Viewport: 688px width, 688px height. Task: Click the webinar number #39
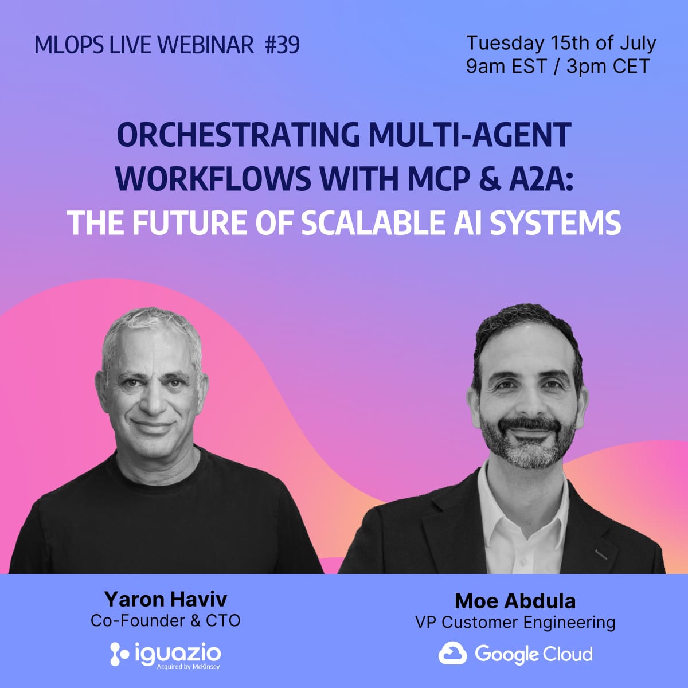[x=283, y=45]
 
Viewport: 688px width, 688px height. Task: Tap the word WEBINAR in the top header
[x=205, y=45]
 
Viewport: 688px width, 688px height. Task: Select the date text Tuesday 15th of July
[x=561, y=43]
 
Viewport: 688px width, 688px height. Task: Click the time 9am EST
[x=507, y=67]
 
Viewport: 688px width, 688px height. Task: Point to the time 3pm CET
[x=608, y=67]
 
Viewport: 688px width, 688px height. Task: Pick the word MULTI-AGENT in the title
[x=470, y=135]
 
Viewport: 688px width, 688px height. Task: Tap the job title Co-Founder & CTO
[x=165, y=621]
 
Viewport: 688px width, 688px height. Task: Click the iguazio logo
[x=165, y=654]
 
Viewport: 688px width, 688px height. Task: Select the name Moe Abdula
[x=515, y=601]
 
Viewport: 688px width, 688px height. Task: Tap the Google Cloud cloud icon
[x=453, y=654]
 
